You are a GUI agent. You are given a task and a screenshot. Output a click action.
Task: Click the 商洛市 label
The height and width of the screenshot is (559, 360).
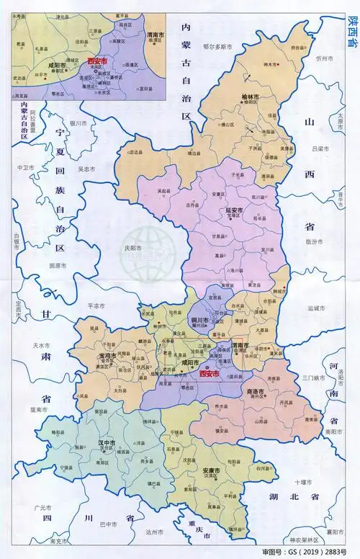pyautogui.click(x=256, y=390)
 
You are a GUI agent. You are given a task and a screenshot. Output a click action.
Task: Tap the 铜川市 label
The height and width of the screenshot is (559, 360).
pyautogui.click(x=199, y=320)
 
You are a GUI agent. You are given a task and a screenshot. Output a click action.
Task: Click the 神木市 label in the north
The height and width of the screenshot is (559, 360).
pyautogui.click(x=271, y=64)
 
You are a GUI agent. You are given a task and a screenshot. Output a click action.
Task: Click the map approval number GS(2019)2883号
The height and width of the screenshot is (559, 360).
pyautogui.click(x=313, y=552)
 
